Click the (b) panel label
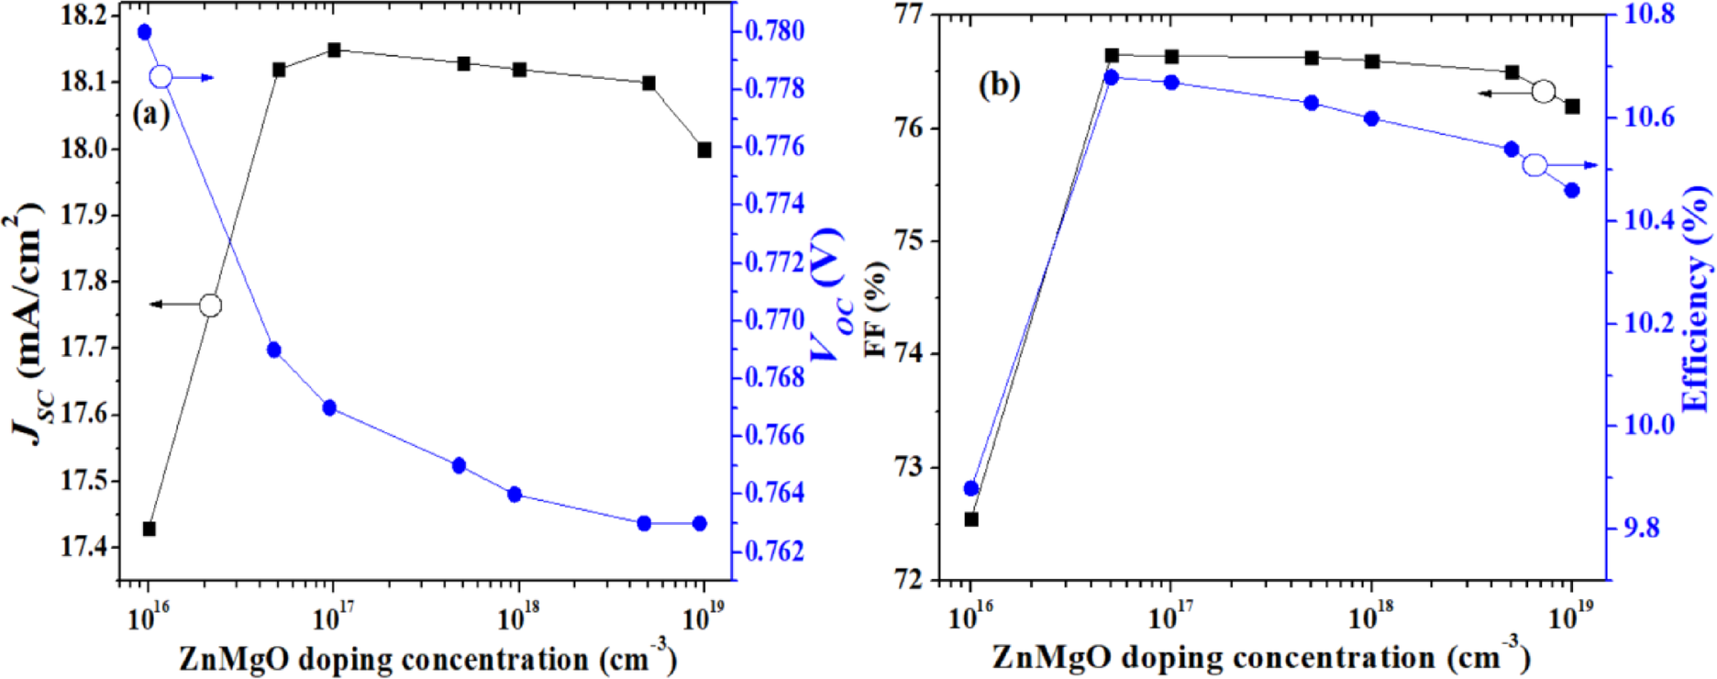999,85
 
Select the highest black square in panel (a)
334,50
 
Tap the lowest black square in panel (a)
150,529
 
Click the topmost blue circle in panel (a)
144,32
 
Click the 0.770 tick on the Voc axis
774,319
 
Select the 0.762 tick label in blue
774,551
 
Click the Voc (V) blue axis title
830,294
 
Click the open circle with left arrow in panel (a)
210,305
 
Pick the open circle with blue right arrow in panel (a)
161,77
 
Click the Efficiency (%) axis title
1697,298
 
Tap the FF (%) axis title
876,308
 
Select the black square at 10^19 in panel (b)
1572,106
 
